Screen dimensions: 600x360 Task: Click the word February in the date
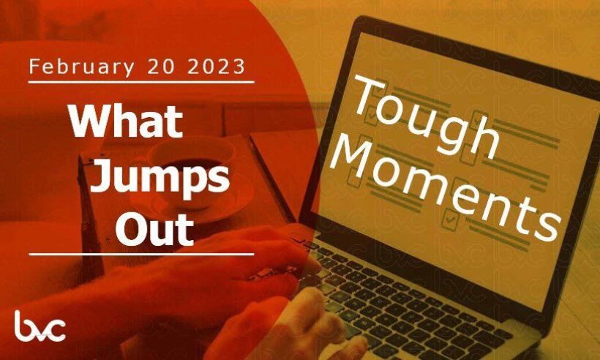81,67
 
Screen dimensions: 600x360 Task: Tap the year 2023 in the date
216,67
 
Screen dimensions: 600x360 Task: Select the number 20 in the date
161,67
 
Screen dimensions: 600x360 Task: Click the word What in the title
126,121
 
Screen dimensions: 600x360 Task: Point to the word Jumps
160,179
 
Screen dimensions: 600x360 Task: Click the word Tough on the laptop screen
424,116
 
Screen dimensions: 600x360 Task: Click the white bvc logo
40,326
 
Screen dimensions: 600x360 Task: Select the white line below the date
141,82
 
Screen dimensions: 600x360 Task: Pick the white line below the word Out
141,254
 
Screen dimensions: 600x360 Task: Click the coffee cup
190,168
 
